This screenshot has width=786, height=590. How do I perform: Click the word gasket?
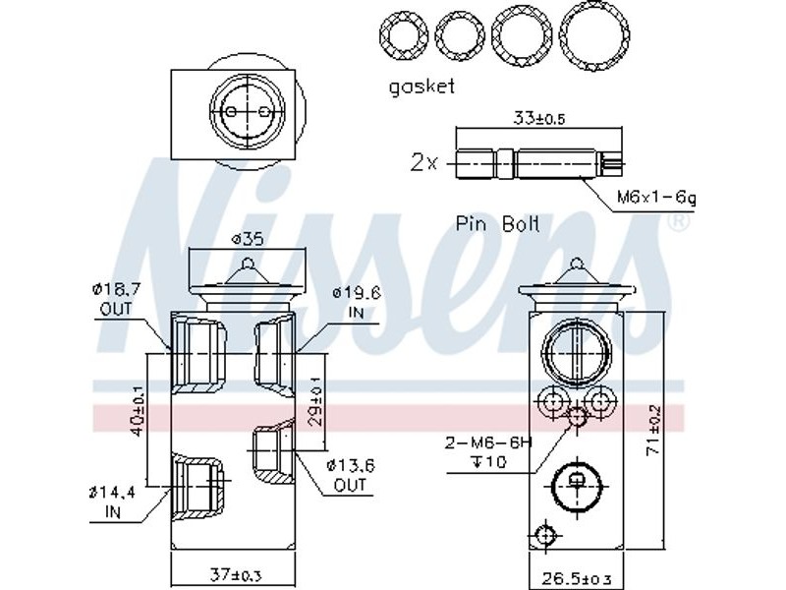point(421,87)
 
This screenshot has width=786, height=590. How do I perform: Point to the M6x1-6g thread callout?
point(656,198)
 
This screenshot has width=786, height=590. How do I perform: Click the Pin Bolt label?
point(497,223)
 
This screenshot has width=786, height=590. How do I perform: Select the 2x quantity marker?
point(424,162)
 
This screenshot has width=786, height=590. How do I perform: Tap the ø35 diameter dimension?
point(247,239)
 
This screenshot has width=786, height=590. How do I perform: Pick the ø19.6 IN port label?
point(357,302)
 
